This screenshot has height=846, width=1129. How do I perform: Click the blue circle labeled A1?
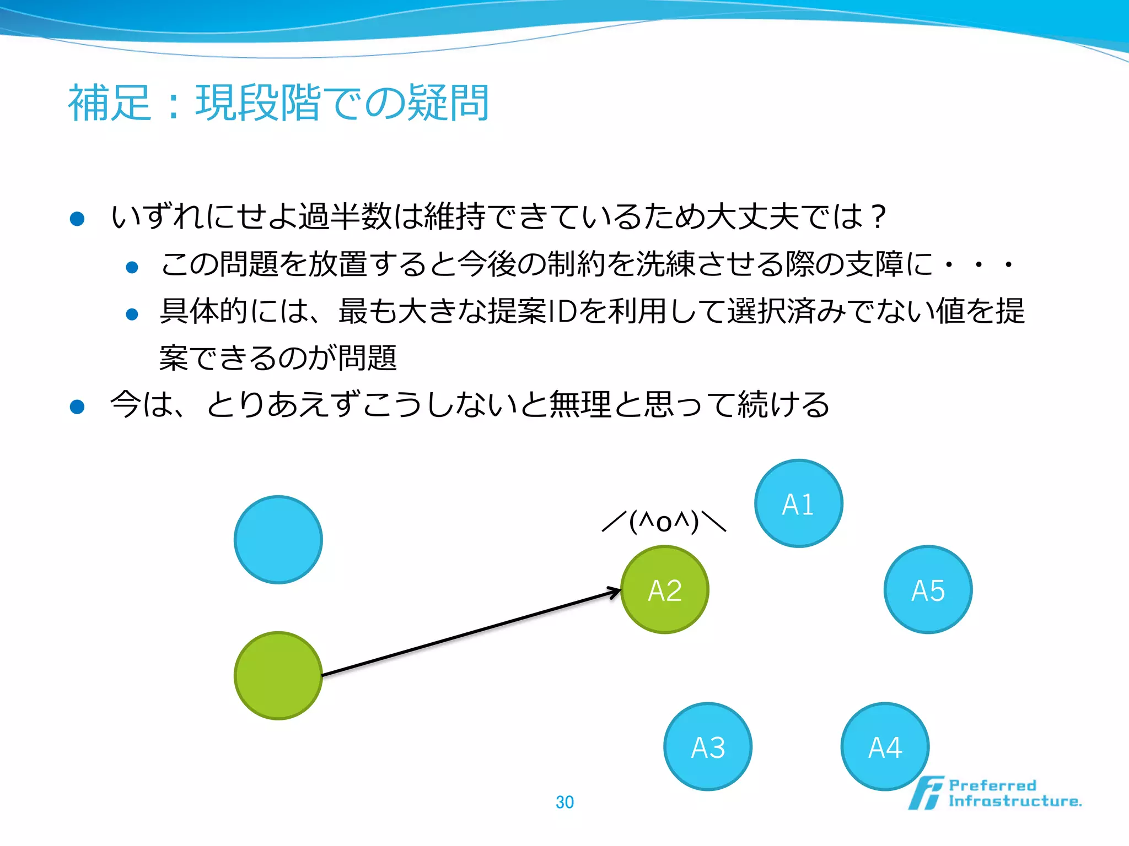pyautogui.click(x=798, y=503)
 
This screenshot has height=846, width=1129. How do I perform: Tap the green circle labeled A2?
pyautogui.click(x=665, y=590)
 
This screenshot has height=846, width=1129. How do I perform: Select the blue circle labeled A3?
pyautogui.click(x=708, y=747)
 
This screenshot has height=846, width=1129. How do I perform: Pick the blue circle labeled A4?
pyautogui.click(x=885, y=747)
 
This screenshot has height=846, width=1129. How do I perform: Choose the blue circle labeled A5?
pyautogui.click(x=928, y=590)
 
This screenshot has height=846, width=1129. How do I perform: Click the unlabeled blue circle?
pyautogui.click(x=278, y=539)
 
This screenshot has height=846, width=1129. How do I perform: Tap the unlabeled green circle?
pyautogui.click(x=278, y=675)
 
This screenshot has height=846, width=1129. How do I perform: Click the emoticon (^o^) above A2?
pyautogui.click(x=664, y=521)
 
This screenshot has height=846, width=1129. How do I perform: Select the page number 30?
pyautogui.click(x=564, y=802)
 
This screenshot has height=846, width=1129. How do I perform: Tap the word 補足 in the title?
pyautogui.click(x=110, y=103)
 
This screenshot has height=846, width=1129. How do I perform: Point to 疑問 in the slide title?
pyautogui.click(x=448, y=103)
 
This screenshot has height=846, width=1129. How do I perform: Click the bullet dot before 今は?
pyautogui.click(x=77, y=406)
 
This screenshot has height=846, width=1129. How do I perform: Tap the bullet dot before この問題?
pyautogui.click(x=132, y=268)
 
